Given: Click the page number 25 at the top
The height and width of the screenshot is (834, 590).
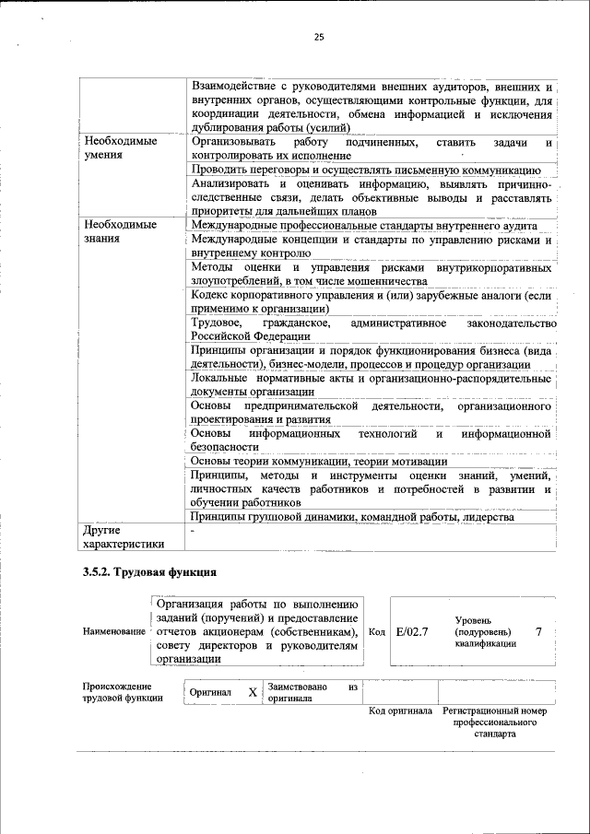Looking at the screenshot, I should click(318, 37).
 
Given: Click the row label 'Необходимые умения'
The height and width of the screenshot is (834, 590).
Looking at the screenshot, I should click(121, 149).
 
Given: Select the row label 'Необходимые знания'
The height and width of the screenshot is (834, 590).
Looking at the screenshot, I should click(121, 232).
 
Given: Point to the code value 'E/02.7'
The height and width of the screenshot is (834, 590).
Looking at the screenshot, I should click(412, 632).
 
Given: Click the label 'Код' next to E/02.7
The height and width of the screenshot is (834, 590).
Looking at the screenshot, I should click(376, 632).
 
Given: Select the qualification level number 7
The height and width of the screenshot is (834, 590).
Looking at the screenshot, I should click(538, 632).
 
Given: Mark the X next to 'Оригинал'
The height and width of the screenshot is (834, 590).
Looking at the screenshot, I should click(252, 692).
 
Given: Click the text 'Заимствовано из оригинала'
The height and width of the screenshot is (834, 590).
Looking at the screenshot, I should click(312, 692).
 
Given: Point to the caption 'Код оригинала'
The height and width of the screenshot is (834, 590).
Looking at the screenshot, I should click(400, 712).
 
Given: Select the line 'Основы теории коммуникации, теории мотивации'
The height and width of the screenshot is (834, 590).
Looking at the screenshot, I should click(318, 461).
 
